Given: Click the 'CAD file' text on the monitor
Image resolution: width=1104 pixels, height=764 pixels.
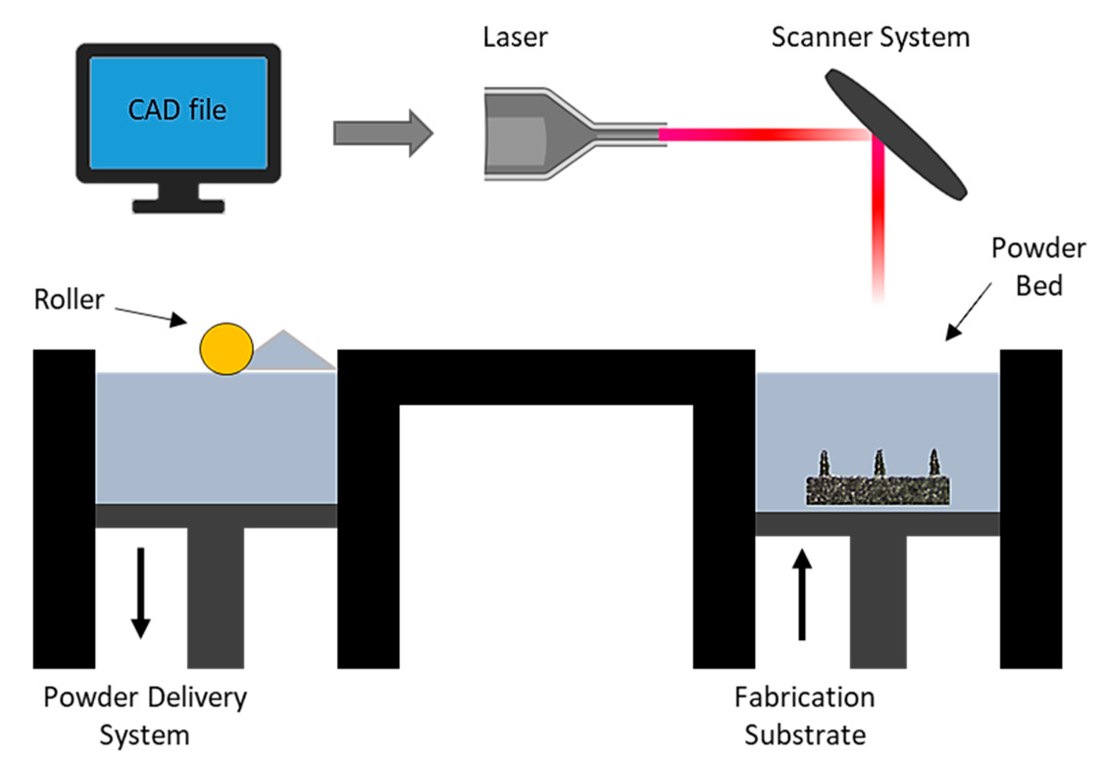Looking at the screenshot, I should pos(177,110).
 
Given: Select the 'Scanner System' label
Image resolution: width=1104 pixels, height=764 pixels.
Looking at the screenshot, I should pos(870,37).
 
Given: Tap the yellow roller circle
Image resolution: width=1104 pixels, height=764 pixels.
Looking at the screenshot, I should pos(226,349).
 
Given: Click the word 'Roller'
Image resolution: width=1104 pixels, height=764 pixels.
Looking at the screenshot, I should pos(69,299).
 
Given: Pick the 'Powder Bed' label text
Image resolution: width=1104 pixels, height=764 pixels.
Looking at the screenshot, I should pos(1038,267).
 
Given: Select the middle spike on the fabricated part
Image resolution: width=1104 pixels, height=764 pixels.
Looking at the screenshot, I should pos(879,464).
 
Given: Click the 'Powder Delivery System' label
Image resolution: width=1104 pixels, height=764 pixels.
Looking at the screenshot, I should pos(145,716).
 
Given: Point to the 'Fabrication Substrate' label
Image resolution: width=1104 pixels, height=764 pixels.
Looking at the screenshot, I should pos(804,716).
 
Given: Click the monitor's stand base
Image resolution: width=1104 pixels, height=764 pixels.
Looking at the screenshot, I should pos(178,205).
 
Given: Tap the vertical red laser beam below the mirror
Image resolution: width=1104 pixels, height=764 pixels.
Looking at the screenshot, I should pos(878,221).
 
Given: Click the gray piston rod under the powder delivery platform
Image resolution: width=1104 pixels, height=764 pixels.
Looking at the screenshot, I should pos(215,598).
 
